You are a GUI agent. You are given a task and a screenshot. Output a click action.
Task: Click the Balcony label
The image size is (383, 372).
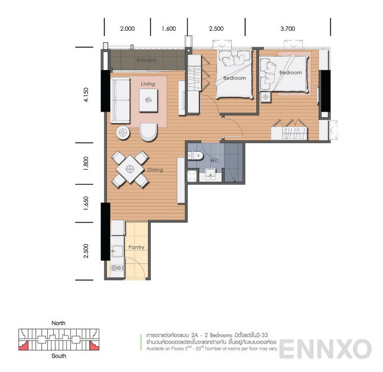tap(146, 60)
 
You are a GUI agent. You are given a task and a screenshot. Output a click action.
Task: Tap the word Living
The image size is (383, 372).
tap(148, 84)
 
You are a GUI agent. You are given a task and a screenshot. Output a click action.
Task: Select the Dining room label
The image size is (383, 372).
tap(155, 170)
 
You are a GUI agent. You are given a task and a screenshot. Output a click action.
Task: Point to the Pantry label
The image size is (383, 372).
tap(136, 248)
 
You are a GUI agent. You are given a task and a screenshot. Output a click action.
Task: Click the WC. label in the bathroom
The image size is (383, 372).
tap(214, 161)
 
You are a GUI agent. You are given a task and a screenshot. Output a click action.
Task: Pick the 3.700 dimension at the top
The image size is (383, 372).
tap(287, 29)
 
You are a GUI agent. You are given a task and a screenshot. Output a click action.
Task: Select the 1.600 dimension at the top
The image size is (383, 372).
tap(169, 29)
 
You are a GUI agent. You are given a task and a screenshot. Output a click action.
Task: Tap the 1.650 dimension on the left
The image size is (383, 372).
tap(86, 203)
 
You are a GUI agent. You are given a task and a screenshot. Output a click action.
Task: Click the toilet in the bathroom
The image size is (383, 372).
tap(196, 156)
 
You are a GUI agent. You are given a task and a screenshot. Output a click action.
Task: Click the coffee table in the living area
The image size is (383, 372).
tap(148, 100)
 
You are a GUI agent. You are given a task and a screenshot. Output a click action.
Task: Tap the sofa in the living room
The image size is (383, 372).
tap(120, 101)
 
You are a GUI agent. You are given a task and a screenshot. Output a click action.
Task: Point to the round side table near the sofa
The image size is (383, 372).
tap(123, 133)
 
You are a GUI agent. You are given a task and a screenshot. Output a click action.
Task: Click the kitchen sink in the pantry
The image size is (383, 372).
tap(117, 250)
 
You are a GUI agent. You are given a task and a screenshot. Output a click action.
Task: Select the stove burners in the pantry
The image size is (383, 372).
tap(117, 268)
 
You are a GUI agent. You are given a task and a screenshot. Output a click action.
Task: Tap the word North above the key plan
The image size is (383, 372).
tap(58, 323)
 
